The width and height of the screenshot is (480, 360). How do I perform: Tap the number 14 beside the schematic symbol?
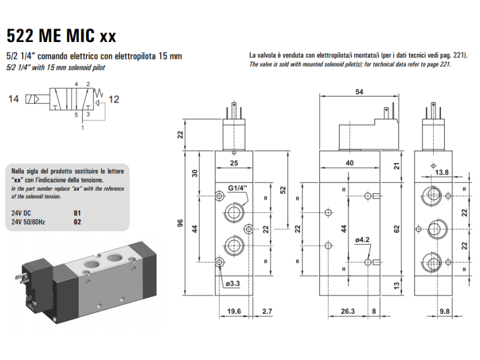coord(13,99)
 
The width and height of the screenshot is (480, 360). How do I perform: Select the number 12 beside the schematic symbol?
coord(114,99)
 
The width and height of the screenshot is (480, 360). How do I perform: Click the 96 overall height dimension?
coord(180,223)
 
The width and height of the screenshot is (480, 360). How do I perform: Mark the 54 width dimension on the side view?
coord(359,91)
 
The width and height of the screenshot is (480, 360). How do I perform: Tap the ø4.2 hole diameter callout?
coord(362,239)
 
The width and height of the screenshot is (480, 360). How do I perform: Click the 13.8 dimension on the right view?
coord(441,173)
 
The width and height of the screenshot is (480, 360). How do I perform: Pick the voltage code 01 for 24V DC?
coord(76,213)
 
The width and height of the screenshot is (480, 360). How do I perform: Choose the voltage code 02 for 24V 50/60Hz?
coord(76,221)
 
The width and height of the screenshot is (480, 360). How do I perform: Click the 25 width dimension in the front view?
coord(234,163)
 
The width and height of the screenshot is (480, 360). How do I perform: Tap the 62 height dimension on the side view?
coord(396,229)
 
